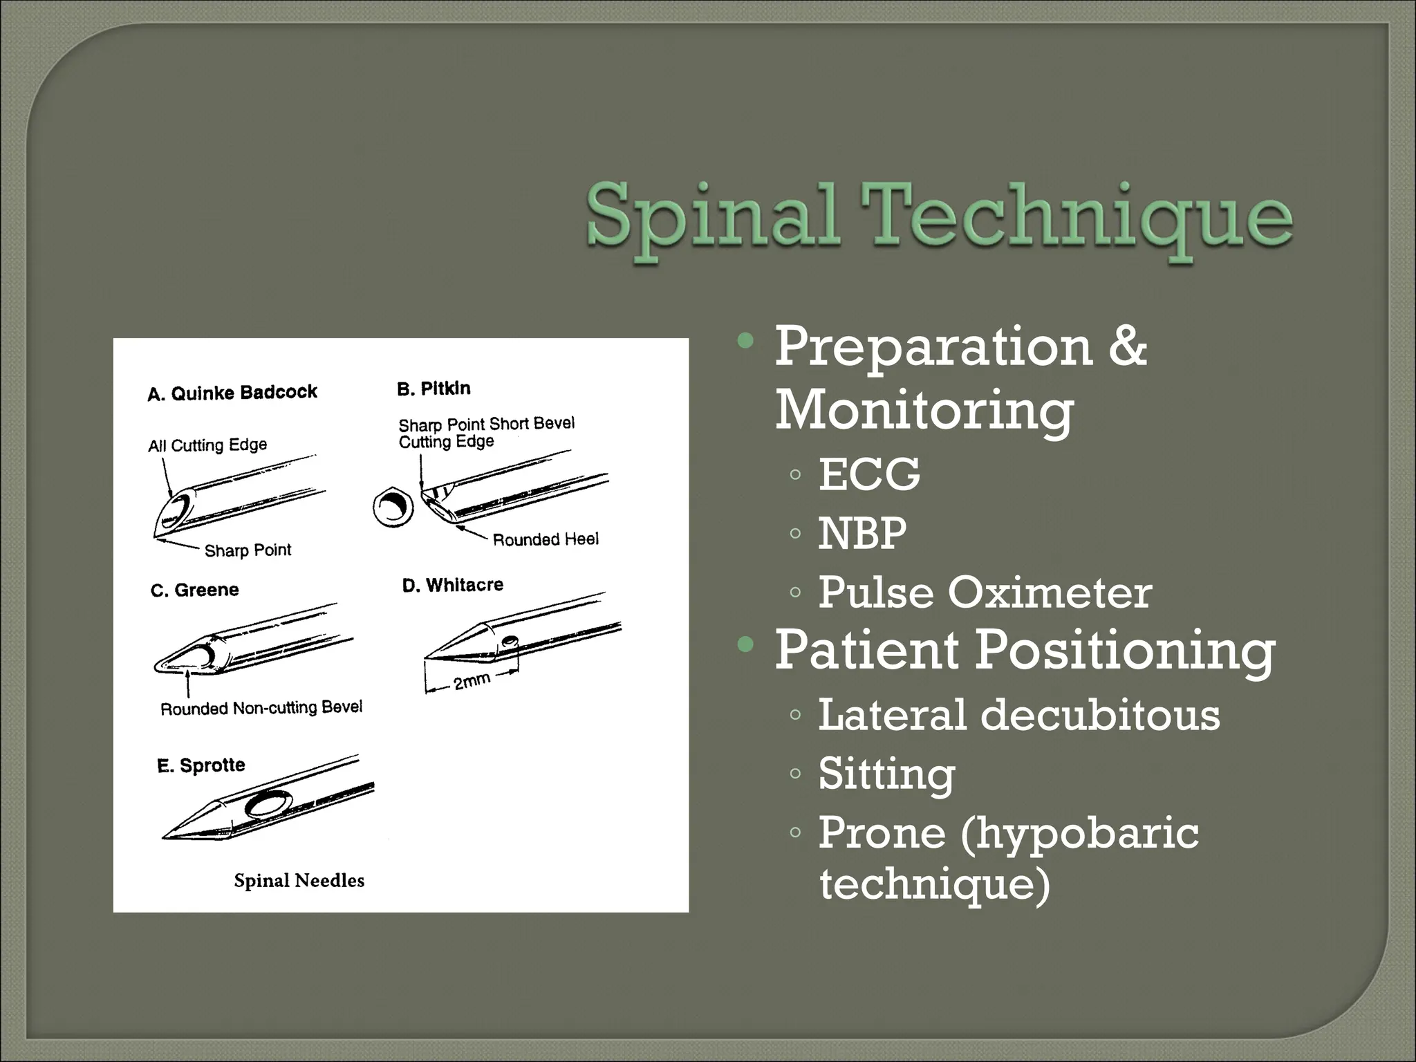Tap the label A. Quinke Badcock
232,393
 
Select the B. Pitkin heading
434,389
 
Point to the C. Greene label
195,590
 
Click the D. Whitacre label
453,585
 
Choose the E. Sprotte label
201,765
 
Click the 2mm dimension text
472,682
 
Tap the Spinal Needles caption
299,881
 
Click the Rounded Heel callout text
546,539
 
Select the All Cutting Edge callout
207,445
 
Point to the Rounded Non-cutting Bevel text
261,708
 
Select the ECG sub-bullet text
869,474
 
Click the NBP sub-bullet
862,533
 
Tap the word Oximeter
1049,593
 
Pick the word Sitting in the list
886,773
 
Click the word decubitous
1100,714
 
